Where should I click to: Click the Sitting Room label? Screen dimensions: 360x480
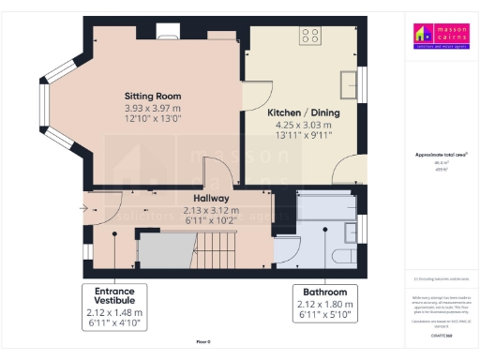(x=153, y=97)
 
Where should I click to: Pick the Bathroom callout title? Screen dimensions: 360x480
(x=325, y=292)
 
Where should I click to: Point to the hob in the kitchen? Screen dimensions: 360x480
(x=309, y=37)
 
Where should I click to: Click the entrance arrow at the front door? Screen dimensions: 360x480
(x=84, y=207)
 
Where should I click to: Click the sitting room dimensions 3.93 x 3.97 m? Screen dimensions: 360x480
(x=153, y=108)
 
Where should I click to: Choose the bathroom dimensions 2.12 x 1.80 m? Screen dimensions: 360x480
(x=325, y=303)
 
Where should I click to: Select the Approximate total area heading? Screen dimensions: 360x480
(x=442, y=154)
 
